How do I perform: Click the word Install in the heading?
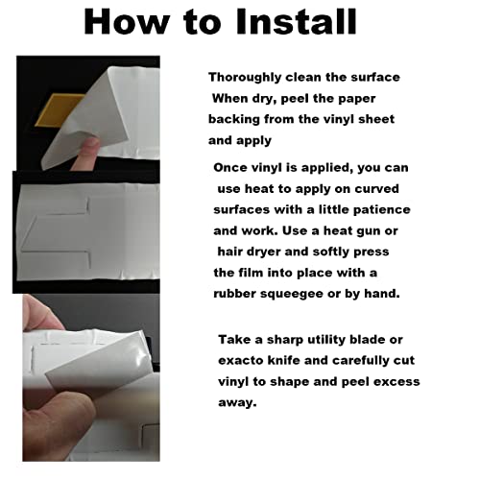296,21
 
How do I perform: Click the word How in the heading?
127,21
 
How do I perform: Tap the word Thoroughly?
245,78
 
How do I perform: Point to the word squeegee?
292,294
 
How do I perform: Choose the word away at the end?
237,402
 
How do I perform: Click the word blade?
368,340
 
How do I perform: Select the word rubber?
234,294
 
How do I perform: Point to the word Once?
228,168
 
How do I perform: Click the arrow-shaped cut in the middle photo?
56,232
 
